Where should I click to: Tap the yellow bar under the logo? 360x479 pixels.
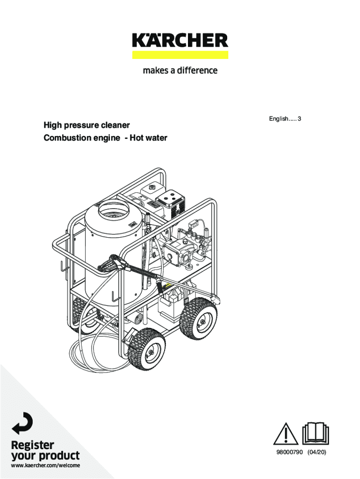(180, 55)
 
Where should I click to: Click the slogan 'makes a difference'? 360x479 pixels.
(180, 71)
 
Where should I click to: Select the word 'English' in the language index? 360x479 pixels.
(278, 119)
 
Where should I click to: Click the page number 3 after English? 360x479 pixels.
(299, 118)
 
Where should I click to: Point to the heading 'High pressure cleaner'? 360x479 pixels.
(86, 125)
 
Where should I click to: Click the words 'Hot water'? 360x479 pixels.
(148, 138)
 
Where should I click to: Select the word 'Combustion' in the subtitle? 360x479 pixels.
(63, 138)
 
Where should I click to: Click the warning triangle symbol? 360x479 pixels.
(286, 434)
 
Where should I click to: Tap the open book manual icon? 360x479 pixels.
(316, 433)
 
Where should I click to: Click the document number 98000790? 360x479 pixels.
(289, 452)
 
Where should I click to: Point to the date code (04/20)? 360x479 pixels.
(317, 452)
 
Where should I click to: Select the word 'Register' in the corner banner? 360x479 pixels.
(32, 445)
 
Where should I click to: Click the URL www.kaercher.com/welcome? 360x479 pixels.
(45, 465)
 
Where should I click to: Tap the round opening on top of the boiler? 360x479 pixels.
(114, 211)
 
